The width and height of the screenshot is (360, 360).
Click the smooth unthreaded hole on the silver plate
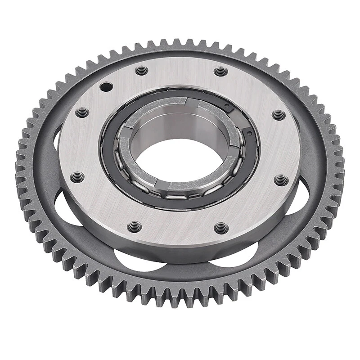pos(106,86)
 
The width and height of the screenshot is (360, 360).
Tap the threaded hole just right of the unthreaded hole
pos(142,71)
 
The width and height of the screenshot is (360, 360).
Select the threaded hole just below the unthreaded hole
pos(82,112)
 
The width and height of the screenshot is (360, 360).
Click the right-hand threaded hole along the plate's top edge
pos(220,72)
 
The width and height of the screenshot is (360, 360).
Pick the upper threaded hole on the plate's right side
pos(279,115)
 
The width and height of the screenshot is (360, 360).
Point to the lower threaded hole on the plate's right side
pos(281,180)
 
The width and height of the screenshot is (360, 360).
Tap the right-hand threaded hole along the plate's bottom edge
pos(221,228)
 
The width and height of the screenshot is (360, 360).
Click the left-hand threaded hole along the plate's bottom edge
pos(134,226)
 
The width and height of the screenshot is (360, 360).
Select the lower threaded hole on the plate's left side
pos(77,177)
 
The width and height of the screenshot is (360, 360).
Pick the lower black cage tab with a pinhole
pos(249,131)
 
